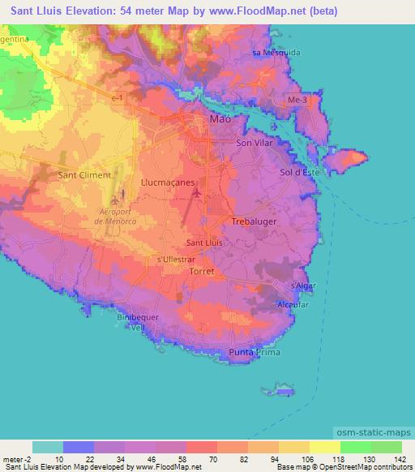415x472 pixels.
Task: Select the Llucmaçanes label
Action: [x=168, y=183]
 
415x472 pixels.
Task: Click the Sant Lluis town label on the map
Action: [x=204, y=242]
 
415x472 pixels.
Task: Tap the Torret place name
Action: [x=200, y=272]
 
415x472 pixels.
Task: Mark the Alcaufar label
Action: [x=293, y=304]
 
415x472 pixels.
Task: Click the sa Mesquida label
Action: [x=276, y=53]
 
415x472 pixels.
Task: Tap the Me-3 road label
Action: [x=298, y=100]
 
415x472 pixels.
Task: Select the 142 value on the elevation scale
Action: [x=396, y=459]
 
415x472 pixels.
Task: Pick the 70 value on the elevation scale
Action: [x=212, y=459]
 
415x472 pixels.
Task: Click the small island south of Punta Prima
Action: [x=285, y=393]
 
